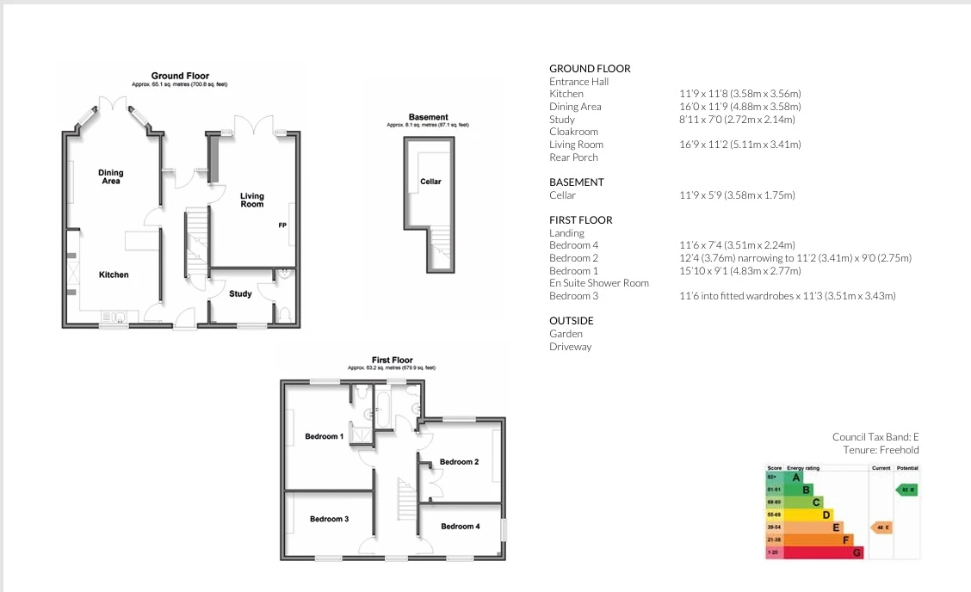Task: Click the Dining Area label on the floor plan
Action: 110,177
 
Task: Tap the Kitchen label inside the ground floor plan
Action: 114,274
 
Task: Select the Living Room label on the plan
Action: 252,200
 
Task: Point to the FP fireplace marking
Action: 282,225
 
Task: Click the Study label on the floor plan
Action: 240,294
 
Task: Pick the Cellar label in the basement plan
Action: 430,182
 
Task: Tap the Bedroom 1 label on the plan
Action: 324,436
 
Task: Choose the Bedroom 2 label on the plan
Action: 459,462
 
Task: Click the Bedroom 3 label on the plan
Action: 329,519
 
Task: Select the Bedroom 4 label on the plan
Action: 460,526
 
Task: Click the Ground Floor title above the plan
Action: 180,76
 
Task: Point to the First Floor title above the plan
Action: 392,361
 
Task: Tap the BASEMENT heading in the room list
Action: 577,182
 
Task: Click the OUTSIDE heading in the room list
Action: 572,321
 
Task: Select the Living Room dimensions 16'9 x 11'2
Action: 740,145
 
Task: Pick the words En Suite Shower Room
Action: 599,283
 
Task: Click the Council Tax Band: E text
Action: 875,437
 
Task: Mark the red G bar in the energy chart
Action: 813,552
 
